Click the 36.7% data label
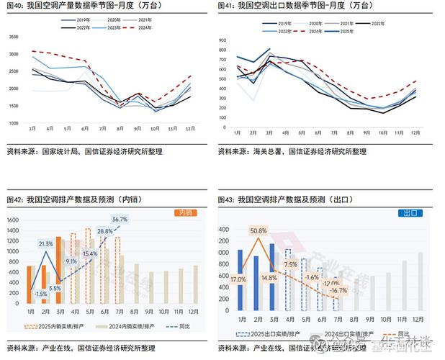[120, 219]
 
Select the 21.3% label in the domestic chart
[46, 244]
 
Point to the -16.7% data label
[338, 290]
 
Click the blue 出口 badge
[409, 213]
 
